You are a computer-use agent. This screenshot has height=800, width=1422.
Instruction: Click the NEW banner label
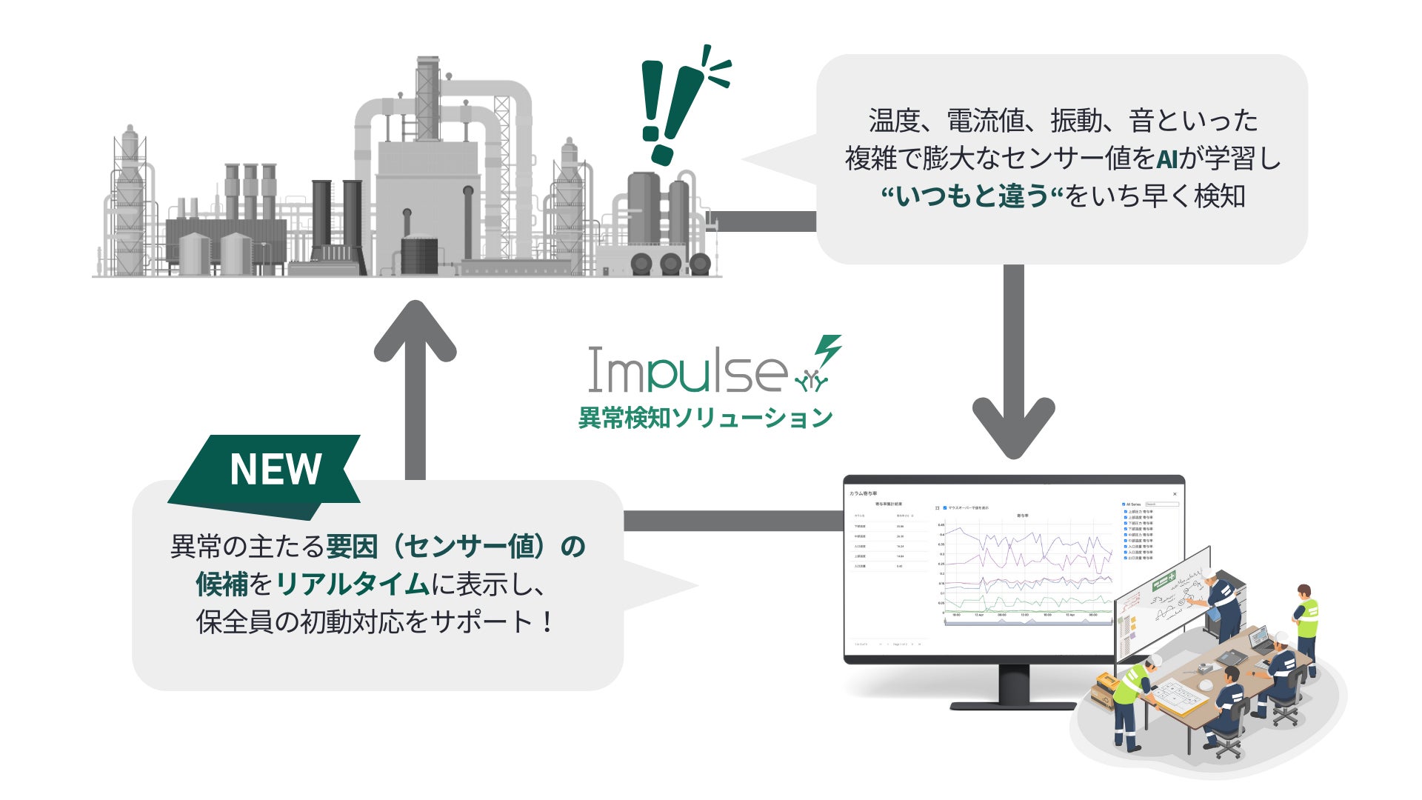(275, 469)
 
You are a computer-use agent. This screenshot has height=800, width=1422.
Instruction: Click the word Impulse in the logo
(687, 370)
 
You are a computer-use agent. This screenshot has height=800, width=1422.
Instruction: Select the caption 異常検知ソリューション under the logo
(705, 418)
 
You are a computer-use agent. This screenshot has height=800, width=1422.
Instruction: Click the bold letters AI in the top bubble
(1166, 159)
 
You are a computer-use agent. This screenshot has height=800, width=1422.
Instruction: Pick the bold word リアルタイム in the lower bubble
(353, 584)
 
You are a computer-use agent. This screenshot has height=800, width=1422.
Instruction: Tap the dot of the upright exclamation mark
(651, 133)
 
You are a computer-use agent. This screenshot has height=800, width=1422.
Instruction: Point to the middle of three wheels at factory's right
(671, 263)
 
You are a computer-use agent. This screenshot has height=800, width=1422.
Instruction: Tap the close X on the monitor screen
(1175, 494)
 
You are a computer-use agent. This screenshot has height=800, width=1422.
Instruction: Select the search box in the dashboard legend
(1161, 504)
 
